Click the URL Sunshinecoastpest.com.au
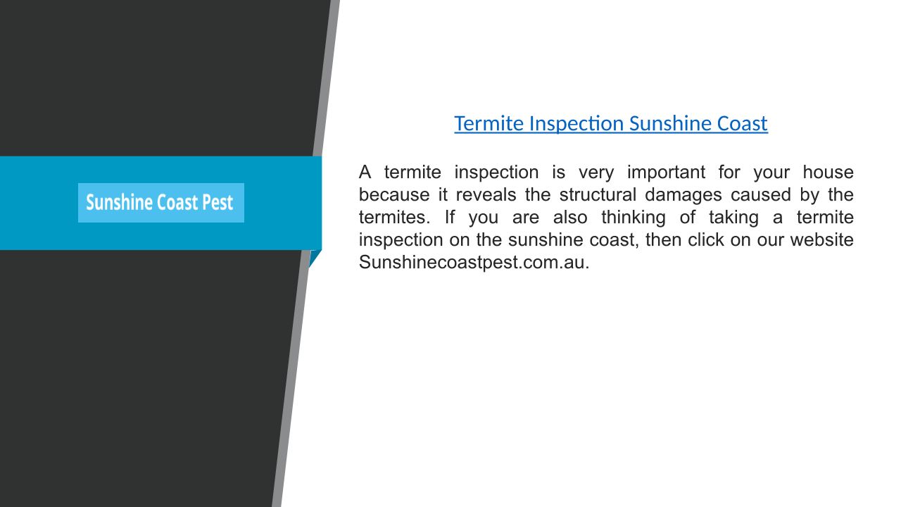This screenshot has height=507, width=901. [474, 263]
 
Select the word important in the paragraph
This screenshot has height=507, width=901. [666, 173]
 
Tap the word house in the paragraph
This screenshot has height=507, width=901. [828, 173]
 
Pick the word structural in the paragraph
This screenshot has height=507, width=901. [598, 195]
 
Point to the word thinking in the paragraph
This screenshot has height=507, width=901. [633, 218]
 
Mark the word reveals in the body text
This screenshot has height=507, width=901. [486, 195]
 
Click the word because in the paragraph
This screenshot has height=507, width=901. [394, 195]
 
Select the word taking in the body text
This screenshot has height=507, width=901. [733, 218]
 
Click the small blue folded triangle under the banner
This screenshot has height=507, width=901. [314, 258]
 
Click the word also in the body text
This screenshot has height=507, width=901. [570, 218]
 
